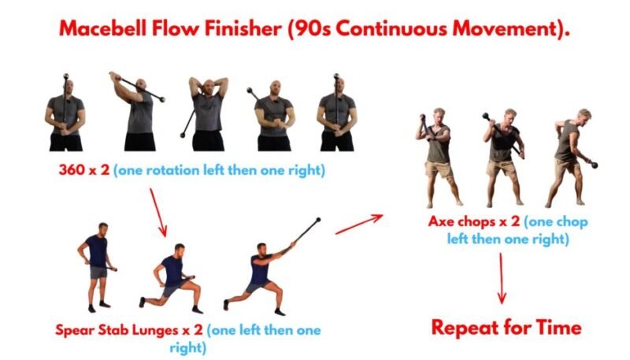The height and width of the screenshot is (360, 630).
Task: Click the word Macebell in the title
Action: tap(102, 28)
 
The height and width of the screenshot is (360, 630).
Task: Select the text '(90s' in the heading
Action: tap(309, 29)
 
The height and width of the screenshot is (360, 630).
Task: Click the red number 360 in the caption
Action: tap(72, 169)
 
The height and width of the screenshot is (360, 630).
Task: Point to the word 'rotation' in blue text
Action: tap(172, 170)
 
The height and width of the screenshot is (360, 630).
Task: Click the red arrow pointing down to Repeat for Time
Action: tap(502, 278)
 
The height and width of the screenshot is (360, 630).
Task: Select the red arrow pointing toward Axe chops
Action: tap(359, 225)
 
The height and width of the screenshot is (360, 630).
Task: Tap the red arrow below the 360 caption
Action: tap(158, 212)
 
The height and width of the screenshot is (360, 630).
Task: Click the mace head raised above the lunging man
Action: tap(318, 220)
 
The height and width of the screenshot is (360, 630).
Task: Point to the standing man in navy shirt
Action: tap(97, 267)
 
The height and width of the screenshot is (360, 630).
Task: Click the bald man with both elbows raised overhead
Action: tap(208, 113)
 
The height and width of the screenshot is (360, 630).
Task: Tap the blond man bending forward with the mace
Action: tap(570, 158)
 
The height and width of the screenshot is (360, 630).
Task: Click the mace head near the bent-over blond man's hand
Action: tap(594, 164)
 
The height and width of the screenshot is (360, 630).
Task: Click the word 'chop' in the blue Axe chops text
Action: tap(572, 222)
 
